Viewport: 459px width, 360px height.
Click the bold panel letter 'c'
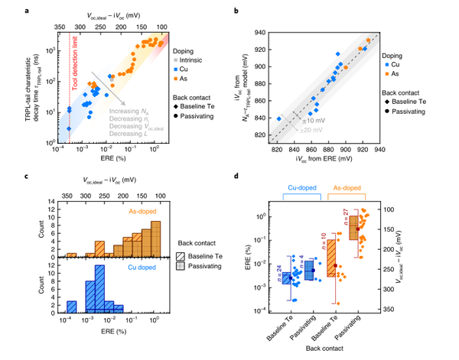point(49,177)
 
